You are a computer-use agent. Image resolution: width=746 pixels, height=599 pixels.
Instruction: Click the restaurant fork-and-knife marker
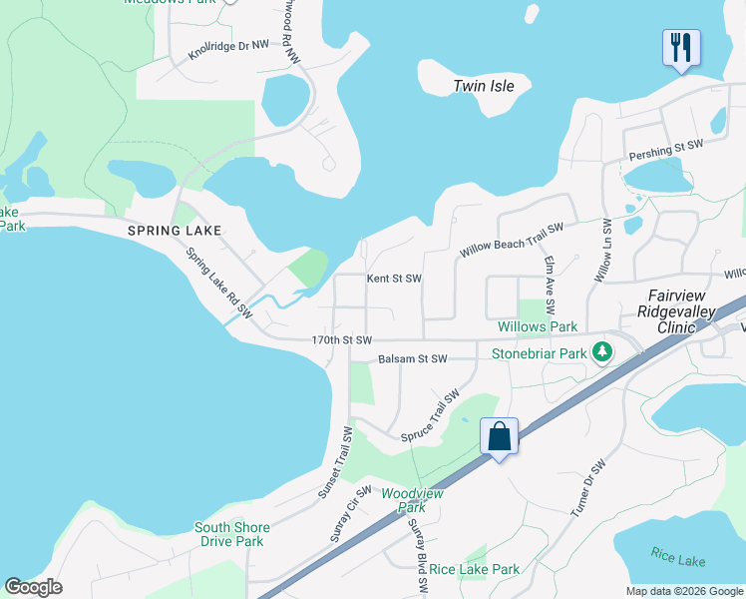pyautogui.click(x=681, y=47)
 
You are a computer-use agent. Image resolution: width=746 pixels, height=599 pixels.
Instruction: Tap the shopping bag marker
pyautogui.click(x=499, y=436)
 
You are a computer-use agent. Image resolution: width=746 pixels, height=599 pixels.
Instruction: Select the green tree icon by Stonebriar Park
pyautogui.click(x=602, y=352)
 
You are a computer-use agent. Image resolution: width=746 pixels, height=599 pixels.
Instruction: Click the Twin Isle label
pyautogui.click(x=484, y=86)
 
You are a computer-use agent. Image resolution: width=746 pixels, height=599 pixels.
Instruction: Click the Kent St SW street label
pyautogui.click(x=394, y=279)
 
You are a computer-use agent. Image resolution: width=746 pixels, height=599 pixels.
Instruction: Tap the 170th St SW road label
pyautogui.click(x=341, y=340)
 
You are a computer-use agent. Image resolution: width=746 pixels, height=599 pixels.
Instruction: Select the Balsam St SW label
pyautogui.click(x=413, y=358)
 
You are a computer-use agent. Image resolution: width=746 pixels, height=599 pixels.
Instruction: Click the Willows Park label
pyautogui.click(x=538, y=326)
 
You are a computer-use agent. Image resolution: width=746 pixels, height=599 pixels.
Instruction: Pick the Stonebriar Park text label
pyautogui.click(x=538, y=352)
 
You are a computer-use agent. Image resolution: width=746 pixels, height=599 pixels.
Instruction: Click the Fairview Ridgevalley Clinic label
pyautogui.click(x=683, y=311)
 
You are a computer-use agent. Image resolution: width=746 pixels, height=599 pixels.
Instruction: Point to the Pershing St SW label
pyautogui.click(x=666, y=146)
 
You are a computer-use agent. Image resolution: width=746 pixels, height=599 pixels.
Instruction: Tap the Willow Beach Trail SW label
pyautogui.click(x=510, y=241)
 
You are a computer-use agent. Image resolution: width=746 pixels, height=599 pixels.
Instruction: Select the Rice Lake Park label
pyautogui.click(x=475, y=569)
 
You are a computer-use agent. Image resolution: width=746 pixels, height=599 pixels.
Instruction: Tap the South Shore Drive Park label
pyautogui.click(x=229, y=534)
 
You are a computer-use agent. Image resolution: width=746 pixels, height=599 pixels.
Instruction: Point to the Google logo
pyautogui.click(x=33, y=587)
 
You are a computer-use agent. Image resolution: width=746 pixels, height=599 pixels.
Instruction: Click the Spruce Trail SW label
pyautogui.click(x=435, y=417)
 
